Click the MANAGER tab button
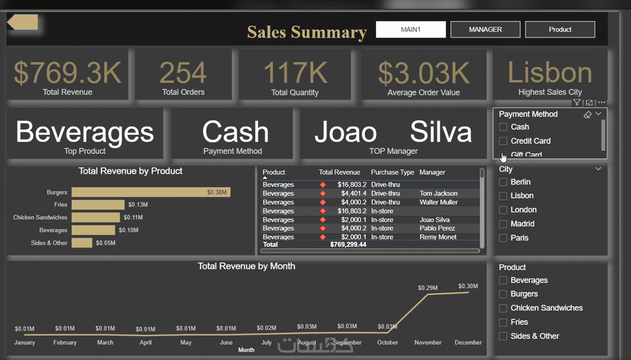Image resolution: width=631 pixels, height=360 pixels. click(485, 29)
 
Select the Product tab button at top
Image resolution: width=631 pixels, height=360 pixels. click(560, 29)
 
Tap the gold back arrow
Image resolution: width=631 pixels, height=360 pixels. click(23, 22)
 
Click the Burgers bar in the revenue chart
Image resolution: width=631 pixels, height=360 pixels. click(151, 192)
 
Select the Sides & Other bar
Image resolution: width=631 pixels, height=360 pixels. click(82, 243)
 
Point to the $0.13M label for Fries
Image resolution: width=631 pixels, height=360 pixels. click(138, 204)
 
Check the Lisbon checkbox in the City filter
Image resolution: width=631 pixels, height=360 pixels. click(503, 196)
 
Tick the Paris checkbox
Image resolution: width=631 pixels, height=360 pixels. click(503, 238)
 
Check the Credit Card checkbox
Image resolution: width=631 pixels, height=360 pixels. click(503, 141)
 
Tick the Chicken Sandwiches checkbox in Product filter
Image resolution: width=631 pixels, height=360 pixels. click(503, 308)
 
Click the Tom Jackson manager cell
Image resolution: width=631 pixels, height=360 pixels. click(439, 193)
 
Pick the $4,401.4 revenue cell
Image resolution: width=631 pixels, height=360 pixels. click(354, 193)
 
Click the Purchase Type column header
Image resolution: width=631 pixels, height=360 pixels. click(392, 172)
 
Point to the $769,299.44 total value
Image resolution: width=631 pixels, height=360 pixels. click(348, 244)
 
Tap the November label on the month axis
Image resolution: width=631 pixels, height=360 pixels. click(428, 343)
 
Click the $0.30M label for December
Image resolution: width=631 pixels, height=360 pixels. click(468, 286)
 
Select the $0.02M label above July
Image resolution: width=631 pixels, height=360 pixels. click(267, 328)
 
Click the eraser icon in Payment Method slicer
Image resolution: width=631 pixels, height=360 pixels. click(588, 115)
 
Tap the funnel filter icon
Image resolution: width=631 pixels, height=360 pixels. click(577, 102)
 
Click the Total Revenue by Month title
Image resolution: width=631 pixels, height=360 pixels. click(246, 266)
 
